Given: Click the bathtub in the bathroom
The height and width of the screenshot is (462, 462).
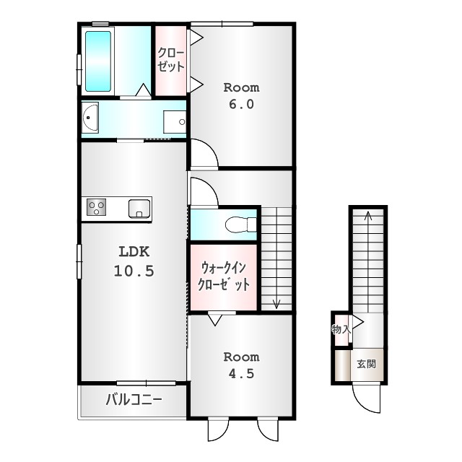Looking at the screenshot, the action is (98, 61).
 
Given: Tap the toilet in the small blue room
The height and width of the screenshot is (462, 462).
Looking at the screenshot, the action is (240, 225).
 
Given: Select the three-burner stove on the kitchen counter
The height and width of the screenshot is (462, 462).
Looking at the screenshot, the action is (96, 207).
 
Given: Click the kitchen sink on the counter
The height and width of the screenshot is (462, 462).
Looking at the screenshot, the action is (139, 209).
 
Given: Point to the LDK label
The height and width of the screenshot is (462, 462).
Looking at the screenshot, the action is (134, 252).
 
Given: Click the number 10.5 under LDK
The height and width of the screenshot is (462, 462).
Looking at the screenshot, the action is (134, 271).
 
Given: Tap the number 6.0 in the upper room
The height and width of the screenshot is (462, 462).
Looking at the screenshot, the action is (241, 104).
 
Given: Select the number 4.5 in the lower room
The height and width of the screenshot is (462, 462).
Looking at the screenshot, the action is (241, 374).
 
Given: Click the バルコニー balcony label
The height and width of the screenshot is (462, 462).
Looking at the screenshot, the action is (134, 400).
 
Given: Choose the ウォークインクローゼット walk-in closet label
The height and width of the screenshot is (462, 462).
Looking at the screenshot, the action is (224, 276).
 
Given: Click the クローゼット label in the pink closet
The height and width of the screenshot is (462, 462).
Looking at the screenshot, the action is (170, 60).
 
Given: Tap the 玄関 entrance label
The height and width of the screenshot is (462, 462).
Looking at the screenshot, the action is (367, 364).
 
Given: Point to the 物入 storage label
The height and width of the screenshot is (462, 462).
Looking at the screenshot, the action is (341, 329).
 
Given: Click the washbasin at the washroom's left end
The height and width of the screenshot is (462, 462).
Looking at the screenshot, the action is (90, 117).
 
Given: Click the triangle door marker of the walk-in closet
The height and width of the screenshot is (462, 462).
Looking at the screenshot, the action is (215, 319).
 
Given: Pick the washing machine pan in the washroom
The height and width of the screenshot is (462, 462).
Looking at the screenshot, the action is (175, 122).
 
